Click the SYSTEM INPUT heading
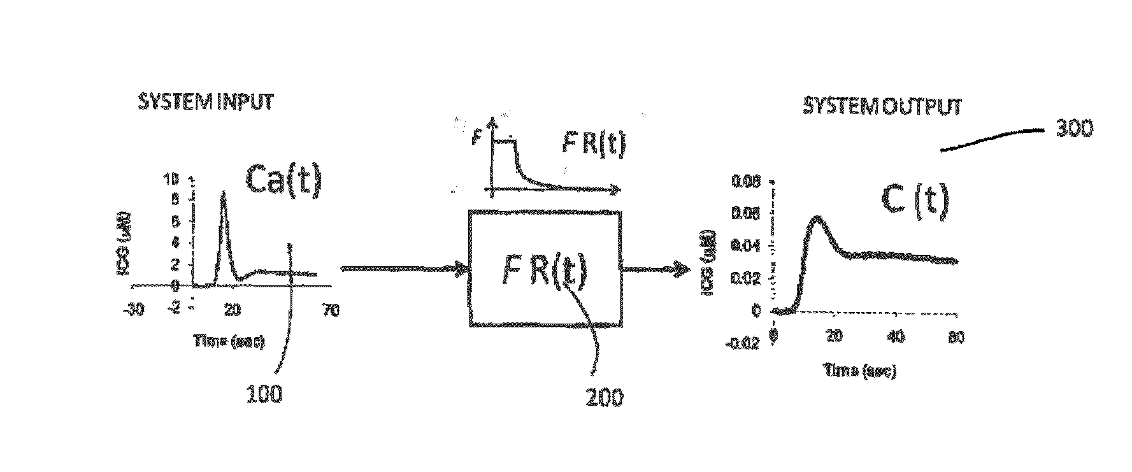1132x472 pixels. coord(205,103)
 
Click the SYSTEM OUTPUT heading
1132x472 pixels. coord(882,106)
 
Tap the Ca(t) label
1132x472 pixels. coord(283,180)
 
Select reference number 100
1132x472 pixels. coord(264,394)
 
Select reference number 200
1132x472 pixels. coord(604,397)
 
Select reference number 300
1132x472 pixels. coord(1074,129)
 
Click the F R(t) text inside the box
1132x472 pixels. coord(543,271)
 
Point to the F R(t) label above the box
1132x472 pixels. coord(594,145)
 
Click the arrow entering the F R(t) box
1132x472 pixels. coord(405,269)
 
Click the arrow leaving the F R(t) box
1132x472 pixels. coord(656,269)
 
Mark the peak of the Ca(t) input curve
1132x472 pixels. coord(223,192)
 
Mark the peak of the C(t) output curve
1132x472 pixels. coord(818,218)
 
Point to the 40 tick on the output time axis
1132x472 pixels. coord(895,337)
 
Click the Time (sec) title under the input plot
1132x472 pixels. coord(229,341)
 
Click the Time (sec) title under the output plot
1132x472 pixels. coord(860,371)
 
